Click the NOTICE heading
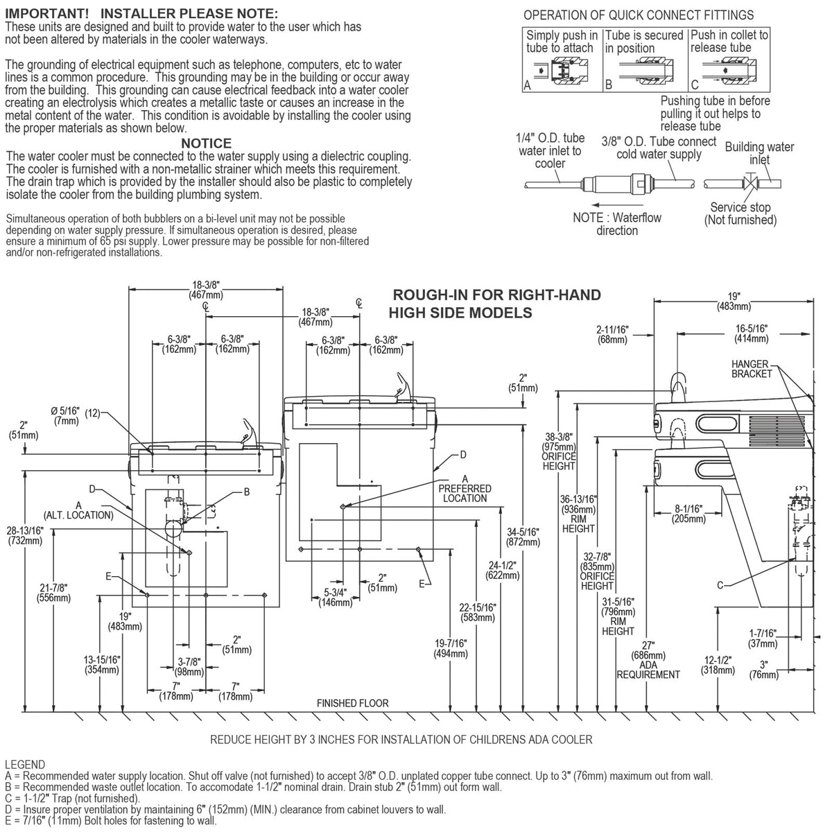click(206, 143)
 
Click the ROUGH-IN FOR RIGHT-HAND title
click(496, 295)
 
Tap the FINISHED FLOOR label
click(352, 703)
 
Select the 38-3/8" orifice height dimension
click(559, 451)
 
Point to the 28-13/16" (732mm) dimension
click(25, 535)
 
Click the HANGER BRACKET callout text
click(752, 369)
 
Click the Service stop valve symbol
click(752, 184)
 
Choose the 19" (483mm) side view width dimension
click(734, 302)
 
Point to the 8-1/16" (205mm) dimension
click(688, 514)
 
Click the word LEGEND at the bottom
click(24, 765)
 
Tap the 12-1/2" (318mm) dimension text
click(718, 666)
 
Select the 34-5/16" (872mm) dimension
click(523, 537)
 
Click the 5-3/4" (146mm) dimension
click(335, 598)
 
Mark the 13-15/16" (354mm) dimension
click(102, 665)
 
